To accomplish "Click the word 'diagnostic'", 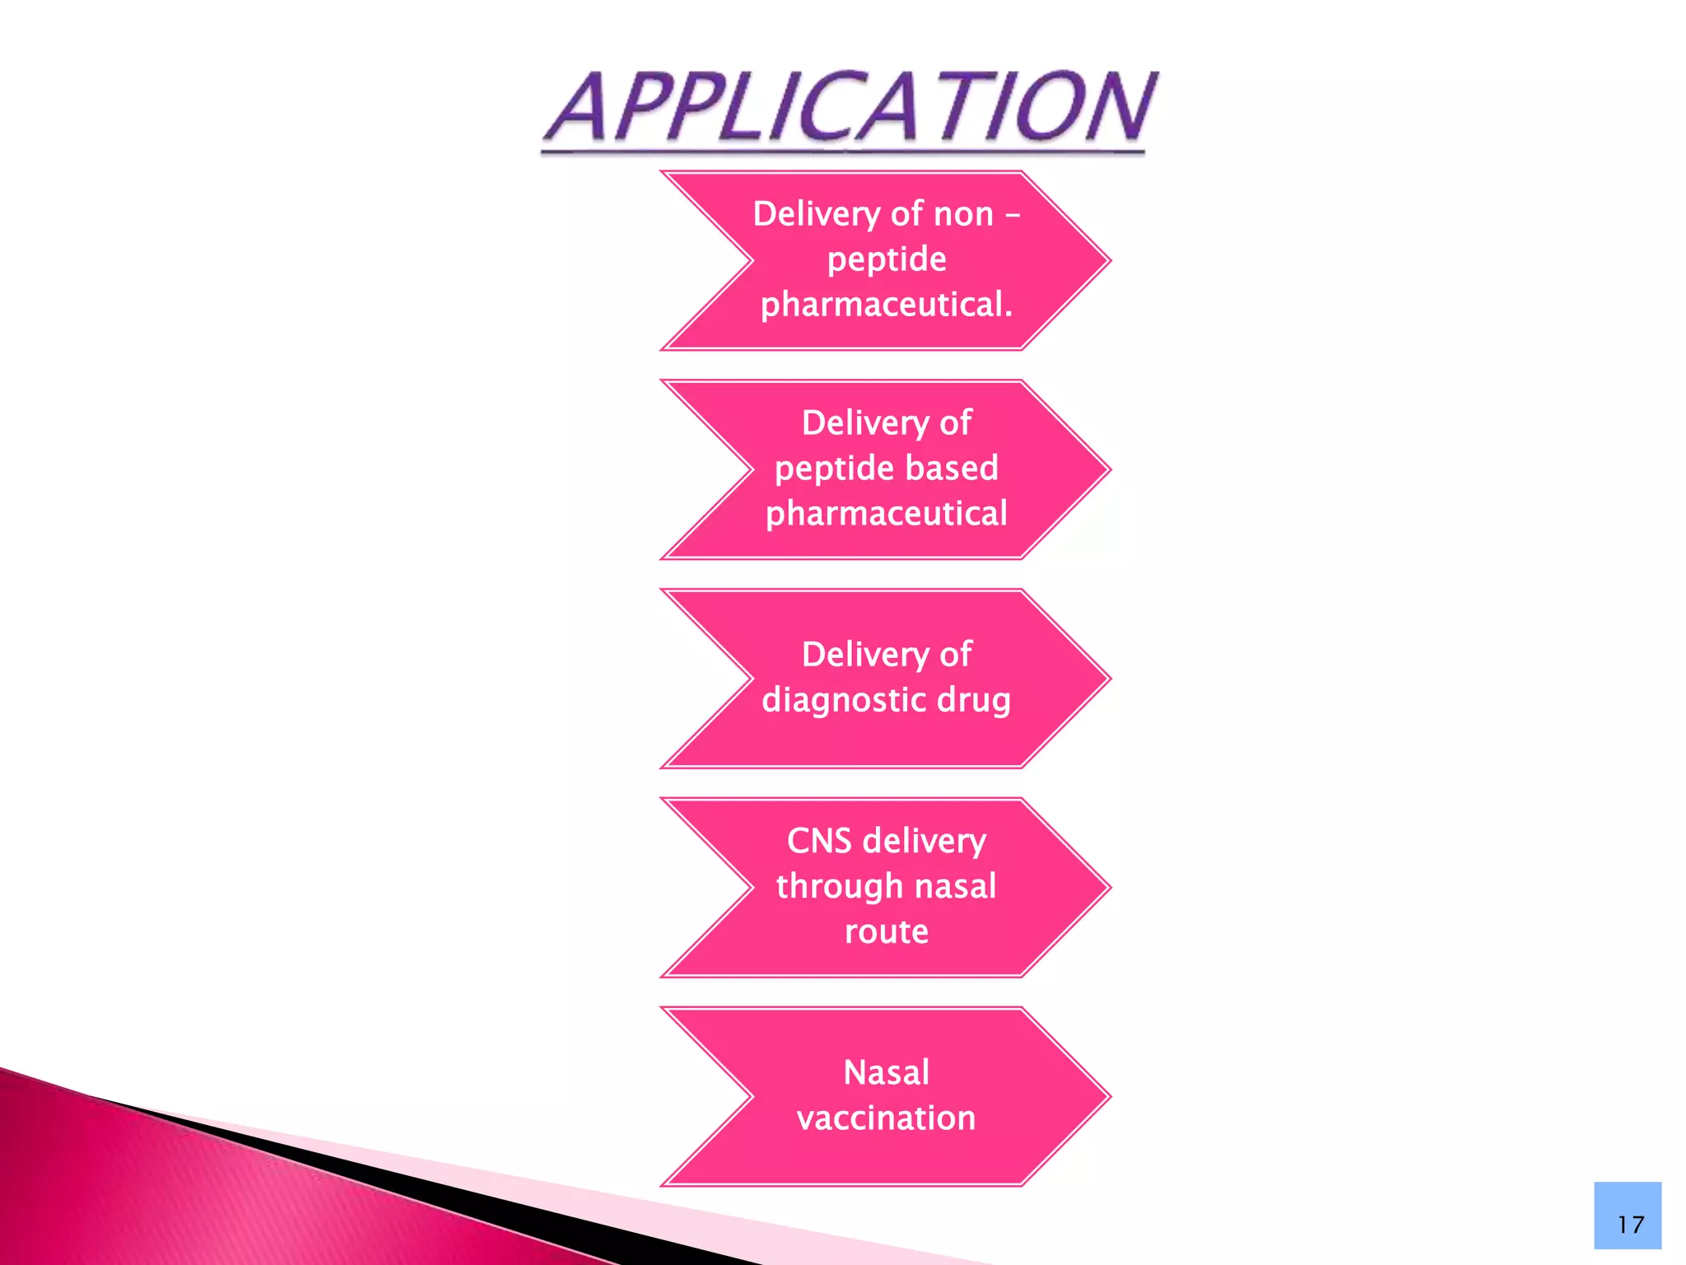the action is click(843, 701).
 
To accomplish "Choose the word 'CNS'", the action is click(819, 841).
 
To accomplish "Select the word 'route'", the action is click(887, 932).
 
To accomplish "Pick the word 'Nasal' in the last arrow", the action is click(887, 1073).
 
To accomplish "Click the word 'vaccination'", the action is click(887, 1118).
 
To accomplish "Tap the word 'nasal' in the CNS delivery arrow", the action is click(956, 887).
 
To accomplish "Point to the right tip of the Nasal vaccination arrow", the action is click(1111, 1096).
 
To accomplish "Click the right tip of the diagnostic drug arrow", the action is click(1111, 679).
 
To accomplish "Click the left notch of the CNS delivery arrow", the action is click(752, 888).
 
